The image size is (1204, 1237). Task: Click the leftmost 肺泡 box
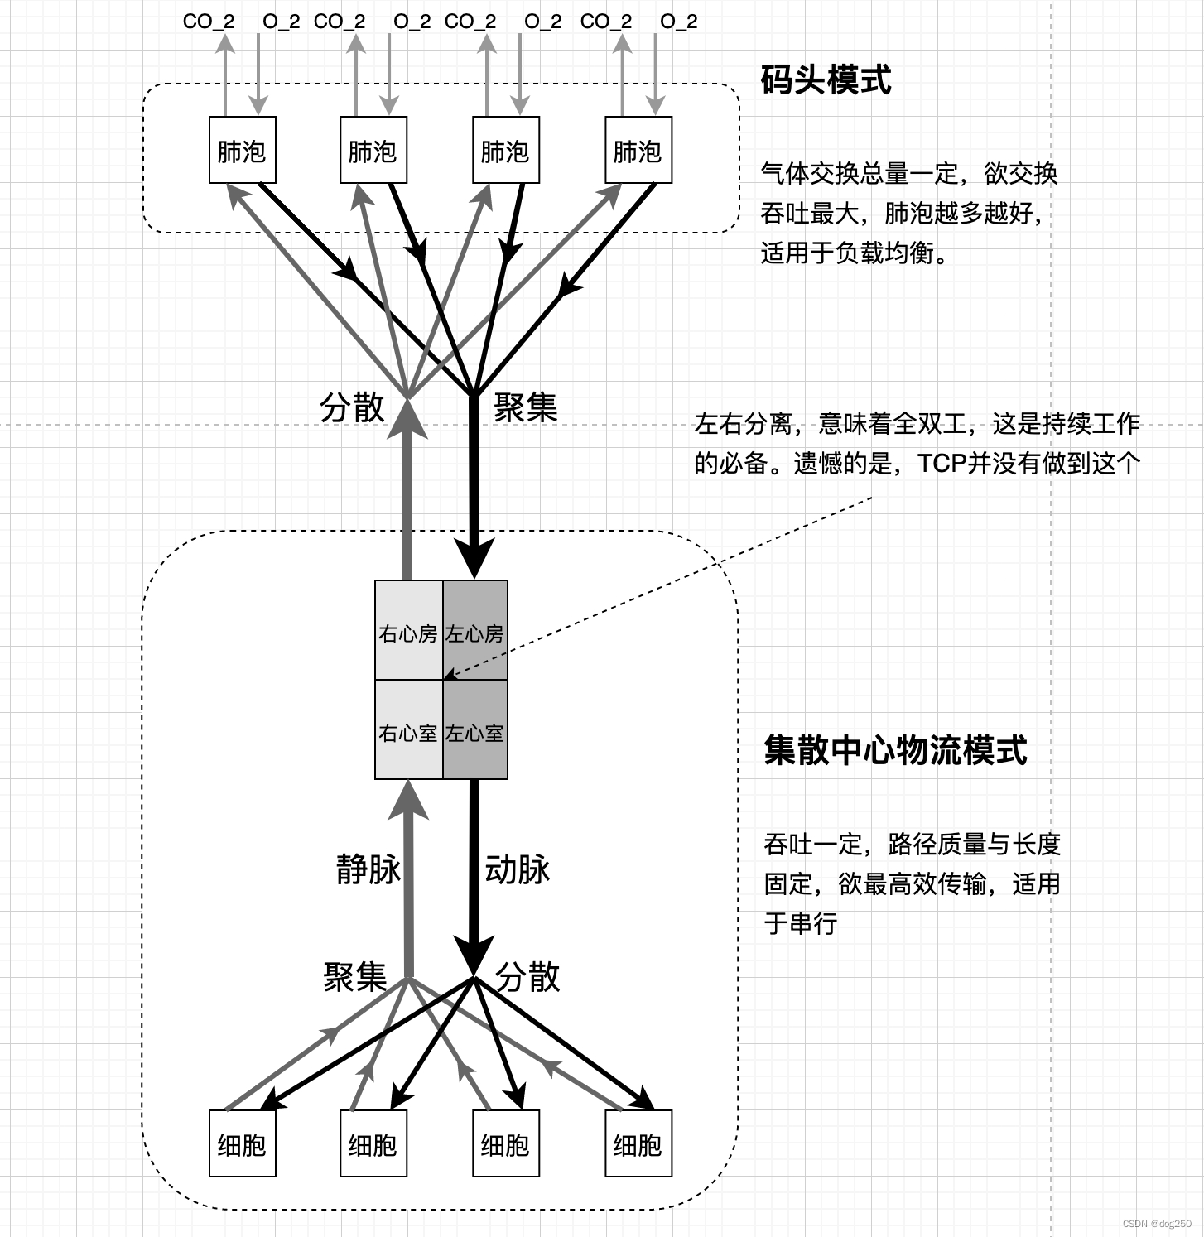242,150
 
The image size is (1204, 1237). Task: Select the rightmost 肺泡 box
638,150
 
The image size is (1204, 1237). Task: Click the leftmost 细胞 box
242,1143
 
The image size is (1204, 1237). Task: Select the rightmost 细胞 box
638,1143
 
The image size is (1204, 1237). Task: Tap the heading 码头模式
826,80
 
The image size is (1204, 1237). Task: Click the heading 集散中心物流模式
894,750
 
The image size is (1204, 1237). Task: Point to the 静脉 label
368,869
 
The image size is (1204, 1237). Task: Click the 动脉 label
518,869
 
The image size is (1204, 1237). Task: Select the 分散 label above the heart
353,407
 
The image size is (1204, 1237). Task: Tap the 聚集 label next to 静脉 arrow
355,977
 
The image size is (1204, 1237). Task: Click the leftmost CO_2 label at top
208,22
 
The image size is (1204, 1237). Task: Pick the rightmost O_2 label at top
678,22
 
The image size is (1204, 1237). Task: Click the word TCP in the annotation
943,463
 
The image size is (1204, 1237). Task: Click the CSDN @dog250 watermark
1157,1224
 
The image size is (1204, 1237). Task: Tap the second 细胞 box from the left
373,1143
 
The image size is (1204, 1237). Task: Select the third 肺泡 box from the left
505,150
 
